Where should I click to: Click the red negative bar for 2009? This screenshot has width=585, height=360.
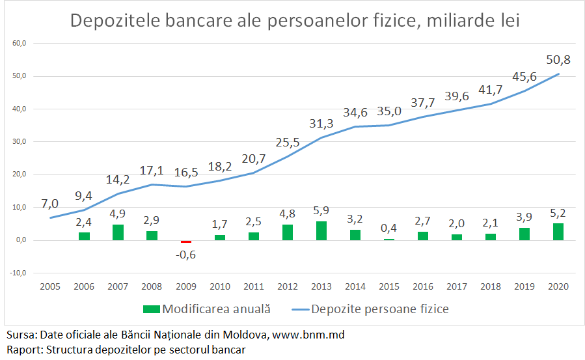(x=186, y=241)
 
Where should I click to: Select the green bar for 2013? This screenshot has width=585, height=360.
(x=321, y=230)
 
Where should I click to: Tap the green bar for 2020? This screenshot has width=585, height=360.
(x=558, y=232)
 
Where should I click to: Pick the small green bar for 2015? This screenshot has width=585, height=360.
(x=389, y=239)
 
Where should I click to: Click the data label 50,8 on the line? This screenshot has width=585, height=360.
(x=558, y=60)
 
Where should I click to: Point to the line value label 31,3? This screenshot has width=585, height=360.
(x=320, y=124)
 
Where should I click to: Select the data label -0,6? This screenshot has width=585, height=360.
(x=186, y=255)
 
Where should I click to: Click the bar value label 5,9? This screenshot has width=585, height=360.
(x=321, y=211)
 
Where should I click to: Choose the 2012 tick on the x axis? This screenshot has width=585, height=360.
(x=288, y=286)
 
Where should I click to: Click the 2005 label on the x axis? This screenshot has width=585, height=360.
(x=51, y=286)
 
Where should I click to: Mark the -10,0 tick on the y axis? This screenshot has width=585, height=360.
(x=17, y=273)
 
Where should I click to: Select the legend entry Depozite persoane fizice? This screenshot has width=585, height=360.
(x=380, y=309)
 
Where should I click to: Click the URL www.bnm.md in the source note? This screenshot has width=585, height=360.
(x=308, y=335)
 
